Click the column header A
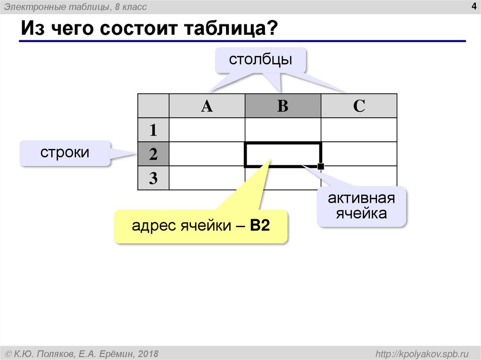click(207, 106)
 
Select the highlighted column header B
click(283, 106)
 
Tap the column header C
click(359, 106)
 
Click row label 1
click(153, 130)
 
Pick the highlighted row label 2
click(153, 154)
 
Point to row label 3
click(153, 178)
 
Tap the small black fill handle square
click(321, 167)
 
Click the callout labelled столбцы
click(261, 61)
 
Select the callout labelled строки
click(65, 153)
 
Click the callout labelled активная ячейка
click(361, 206)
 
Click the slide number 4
click(473, 6)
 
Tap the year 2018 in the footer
click(148, 353)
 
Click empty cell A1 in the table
click(207, 130)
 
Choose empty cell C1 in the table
click(359, 130)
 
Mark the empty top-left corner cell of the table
click(153, 106)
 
